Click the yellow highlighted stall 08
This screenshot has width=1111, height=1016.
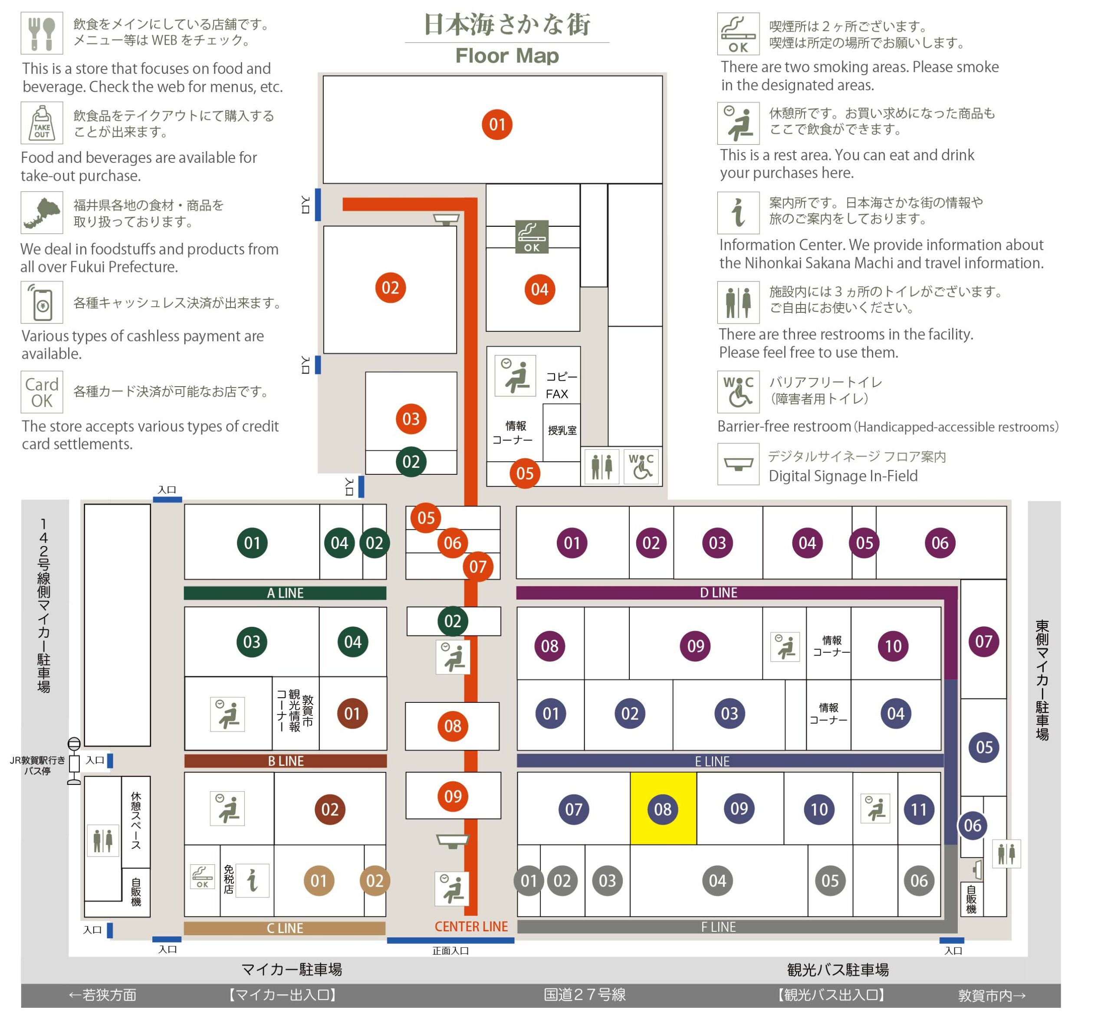coord(663,808)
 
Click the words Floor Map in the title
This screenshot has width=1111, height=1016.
coord(507,56)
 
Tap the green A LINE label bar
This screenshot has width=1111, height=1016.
coord(285,593)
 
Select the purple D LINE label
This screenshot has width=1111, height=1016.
coord(719,592)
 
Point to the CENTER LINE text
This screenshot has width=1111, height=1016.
coord(471,927)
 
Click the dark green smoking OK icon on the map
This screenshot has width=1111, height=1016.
coord(532,237)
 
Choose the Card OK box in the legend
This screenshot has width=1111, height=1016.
coord(42,392)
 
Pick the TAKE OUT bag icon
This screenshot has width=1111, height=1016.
coord(42,123)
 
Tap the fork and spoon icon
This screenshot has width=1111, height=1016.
coord(42,33)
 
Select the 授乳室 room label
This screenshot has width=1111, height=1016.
coord(562,430)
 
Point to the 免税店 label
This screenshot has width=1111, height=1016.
coord(229,879)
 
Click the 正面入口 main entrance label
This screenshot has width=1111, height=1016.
coord(450,950)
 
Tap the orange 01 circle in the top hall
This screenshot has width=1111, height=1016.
coord(497,125)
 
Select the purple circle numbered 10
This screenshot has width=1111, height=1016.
coord(893,646)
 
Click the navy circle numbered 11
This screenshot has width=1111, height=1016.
coord(919,809)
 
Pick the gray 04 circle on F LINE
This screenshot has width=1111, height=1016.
coord(717,880)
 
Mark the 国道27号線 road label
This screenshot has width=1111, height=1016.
coord(585,994)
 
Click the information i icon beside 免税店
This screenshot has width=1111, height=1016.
coord(253,880)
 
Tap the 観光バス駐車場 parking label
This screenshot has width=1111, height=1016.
coord(838,970)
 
